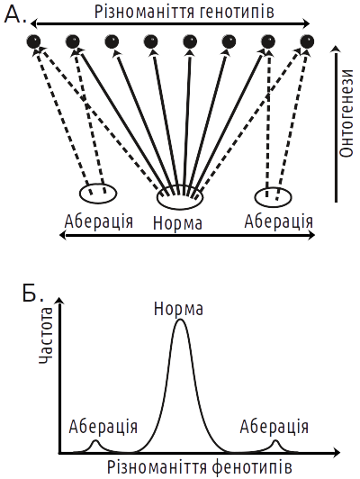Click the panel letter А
coord(15,14)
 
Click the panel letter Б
coord(33,293)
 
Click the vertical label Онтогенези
coord(346,113)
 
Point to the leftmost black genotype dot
coord(34,41)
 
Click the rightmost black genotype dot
coord(307,41)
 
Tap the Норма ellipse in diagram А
coord(180,197)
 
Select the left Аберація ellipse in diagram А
coord(98,193)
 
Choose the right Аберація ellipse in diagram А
coord(273,197)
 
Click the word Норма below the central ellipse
coord(177,223)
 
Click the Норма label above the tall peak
coord(178,309)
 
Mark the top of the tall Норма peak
coord(181,320)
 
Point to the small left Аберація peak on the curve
coord(95,440)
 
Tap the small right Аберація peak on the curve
coord(275,440)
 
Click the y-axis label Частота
coord(46,336)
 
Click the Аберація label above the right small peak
coord(274,426)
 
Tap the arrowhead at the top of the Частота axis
coord(61,301)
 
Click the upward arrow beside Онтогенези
coord(336,123)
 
